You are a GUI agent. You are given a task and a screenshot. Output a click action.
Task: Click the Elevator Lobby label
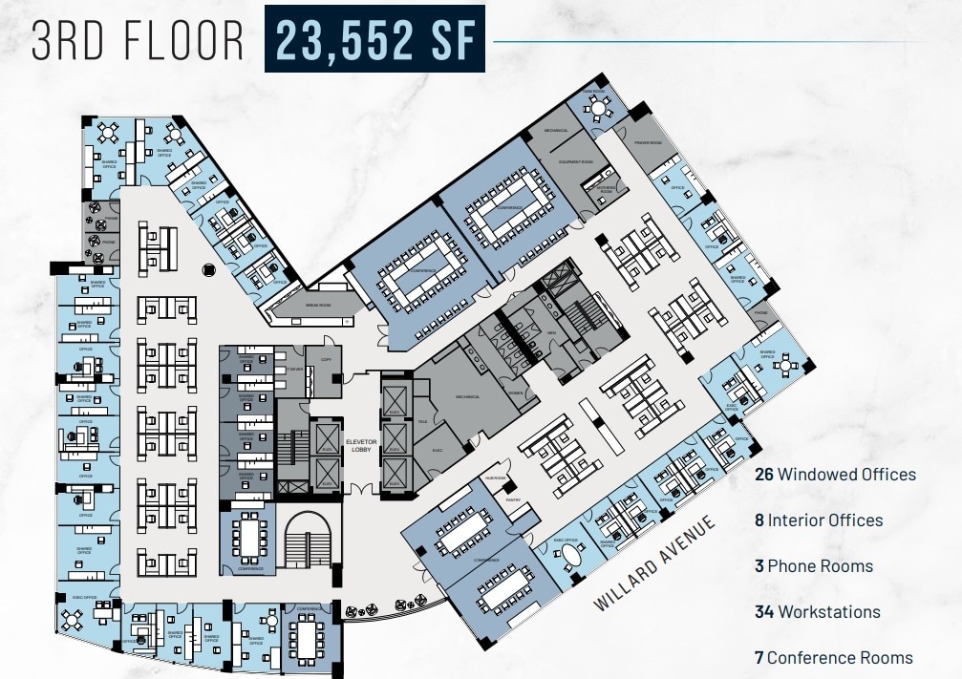click(361, 445)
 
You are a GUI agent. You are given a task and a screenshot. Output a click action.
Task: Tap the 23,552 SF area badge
click(374, 39)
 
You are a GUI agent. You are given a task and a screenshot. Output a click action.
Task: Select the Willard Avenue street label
click(654, 564)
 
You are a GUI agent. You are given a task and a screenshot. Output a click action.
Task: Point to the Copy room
click(326, 360)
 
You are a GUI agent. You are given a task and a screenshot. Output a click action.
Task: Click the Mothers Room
click(606, 189)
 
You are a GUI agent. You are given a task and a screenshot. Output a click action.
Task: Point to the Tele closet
click(422, 421)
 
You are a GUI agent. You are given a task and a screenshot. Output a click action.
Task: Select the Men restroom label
click(552, 332)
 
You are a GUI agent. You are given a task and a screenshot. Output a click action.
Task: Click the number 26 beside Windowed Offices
click(763, 474)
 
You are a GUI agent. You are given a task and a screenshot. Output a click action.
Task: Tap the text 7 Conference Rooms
click(833, 657)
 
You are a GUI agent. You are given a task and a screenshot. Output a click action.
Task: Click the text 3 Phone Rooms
click(814, 565)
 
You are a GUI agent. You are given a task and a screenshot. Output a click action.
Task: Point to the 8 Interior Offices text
click(819, 520)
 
